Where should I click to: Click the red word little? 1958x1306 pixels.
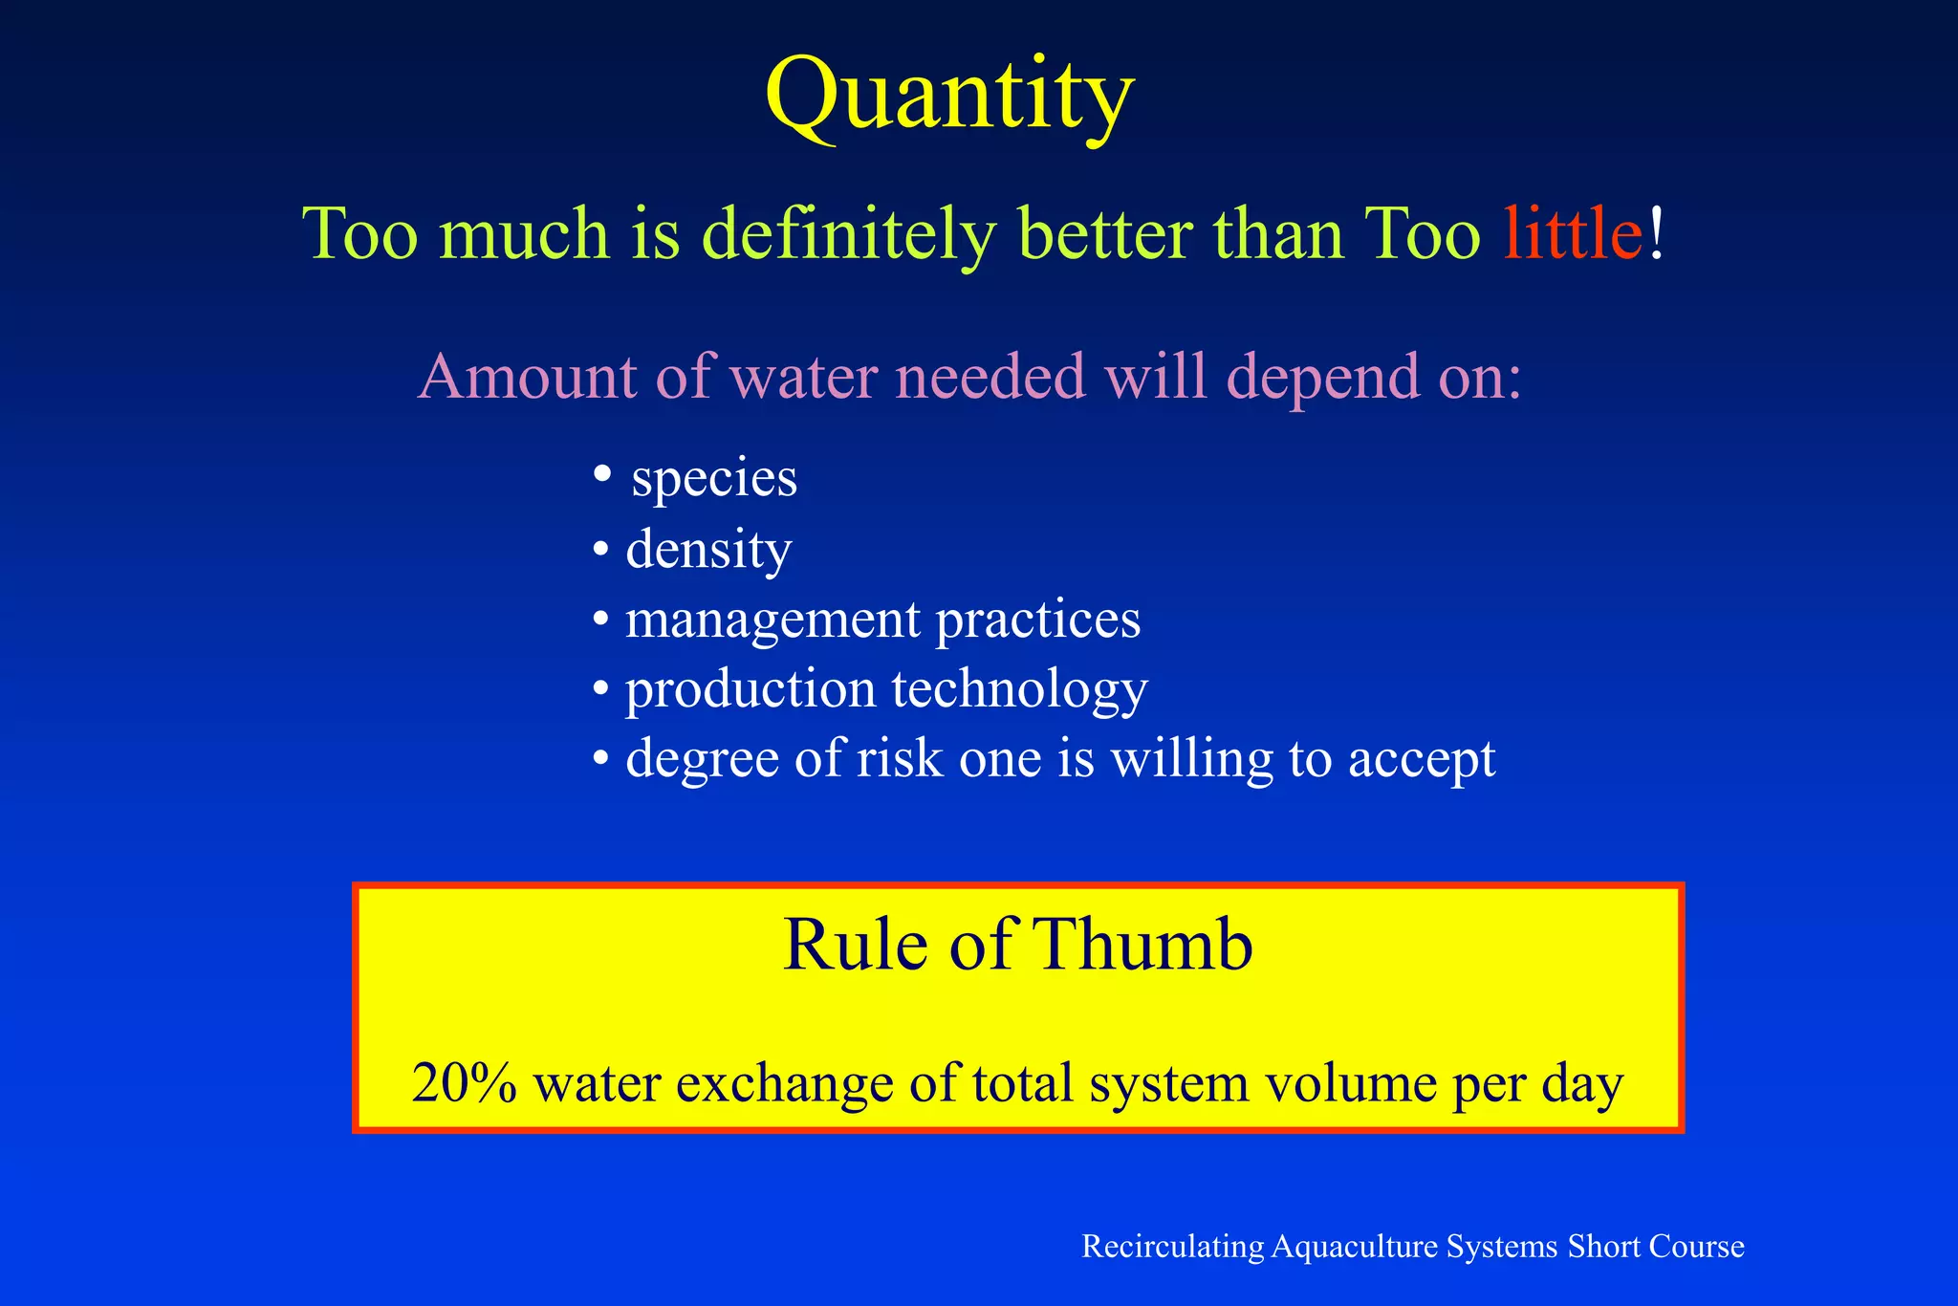click(x=1573, y=233)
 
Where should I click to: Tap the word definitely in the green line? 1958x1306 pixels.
click(x=847, y=235)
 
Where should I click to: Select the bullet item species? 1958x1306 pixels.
click(x=714, y=478)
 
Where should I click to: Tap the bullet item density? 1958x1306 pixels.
click(x=708, y=550)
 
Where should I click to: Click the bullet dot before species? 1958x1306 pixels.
click(x=601, y=473)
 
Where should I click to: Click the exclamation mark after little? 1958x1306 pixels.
click(x=1657, y=233)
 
